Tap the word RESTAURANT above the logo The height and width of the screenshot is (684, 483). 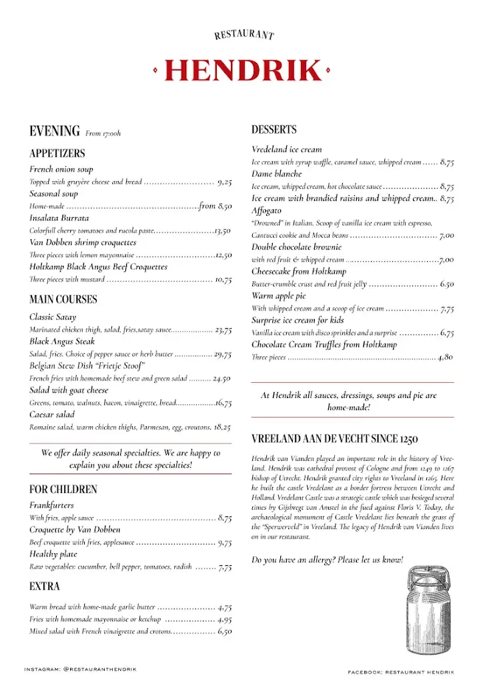(244, 34)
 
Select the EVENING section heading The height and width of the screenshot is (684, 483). (55, 132)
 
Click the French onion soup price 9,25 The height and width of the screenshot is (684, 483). (224, 182)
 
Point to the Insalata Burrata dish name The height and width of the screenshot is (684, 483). (59, 218)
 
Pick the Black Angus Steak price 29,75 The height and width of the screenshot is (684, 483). (223, 354)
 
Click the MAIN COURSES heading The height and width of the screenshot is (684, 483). (63, 299)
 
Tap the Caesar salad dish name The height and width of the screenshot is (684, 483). (52, 414)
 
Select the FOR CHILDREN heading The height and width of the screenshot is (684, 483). (63, 489)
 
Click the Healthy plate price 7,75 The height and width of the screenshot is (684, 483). (225, 567)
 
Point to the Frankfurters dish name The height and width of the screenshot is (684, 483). (52, 506)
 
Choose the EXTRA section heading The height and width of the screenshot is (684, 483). (45, 586)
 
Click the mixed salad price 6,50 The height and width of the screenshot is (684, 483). (225, 631)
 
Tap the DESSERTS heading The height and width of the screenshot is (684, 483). (274, 130)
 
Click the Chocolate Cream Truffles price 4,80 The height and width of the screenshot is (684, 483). (446, 357)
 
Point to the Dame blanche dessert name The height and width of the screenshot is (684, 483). (277, 174)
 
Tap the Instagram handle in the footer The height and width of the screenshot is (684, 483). (80, 669)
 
